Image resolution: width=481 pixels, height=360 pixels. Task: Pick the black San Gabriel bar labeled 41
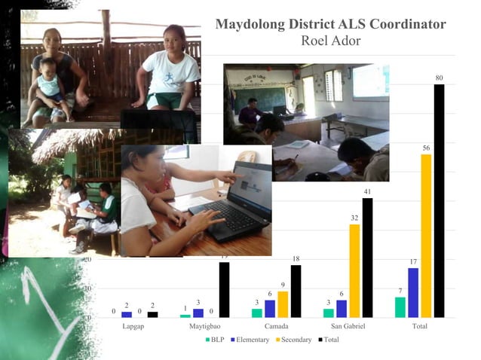click(x=367, y=258)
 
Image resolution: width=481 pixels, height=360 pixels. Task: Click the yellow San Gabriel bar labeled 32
click(x=354, y=270)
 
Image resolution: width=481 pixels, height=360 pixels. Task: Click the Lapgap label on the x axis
click(x=134, y=326)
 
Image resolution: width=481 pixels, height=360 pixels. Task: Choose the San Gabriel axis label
click(x=348, y=326)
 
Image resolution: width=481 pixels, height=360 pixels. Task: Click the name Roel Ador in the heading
click(x=330, y=41)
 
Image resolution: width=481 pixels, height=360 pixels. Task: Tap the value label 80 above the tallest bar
click(x=439, y=78)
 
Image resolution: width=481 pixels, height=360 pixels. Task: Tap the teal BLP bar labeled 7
click(x=400, y=307)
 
